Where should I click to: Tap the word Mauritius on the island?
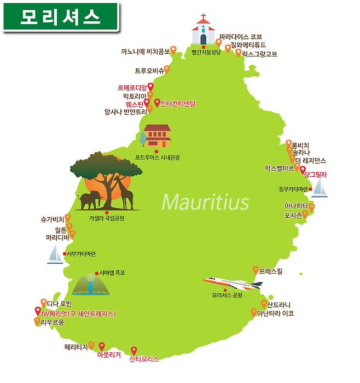(205, 202)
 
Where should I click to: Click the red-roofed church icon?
(204, 31)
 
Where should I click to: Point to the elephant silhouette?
(91, 200)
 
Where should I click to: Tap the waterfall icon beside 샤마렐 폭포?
(91, 284)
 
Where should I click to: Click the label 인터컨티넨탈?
(178, 103)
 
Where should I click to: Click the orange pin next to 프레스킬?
(256, 270)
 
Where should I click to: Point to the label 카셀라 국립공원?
(107, 218)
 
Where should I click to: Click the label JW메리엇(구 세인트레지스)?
(79, 314)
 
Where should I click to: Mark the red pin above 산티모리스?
(134, 350)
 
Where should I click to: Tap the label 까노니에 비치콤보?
(146, 52)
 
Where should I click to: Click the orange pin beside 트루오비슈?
(167, 69)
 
